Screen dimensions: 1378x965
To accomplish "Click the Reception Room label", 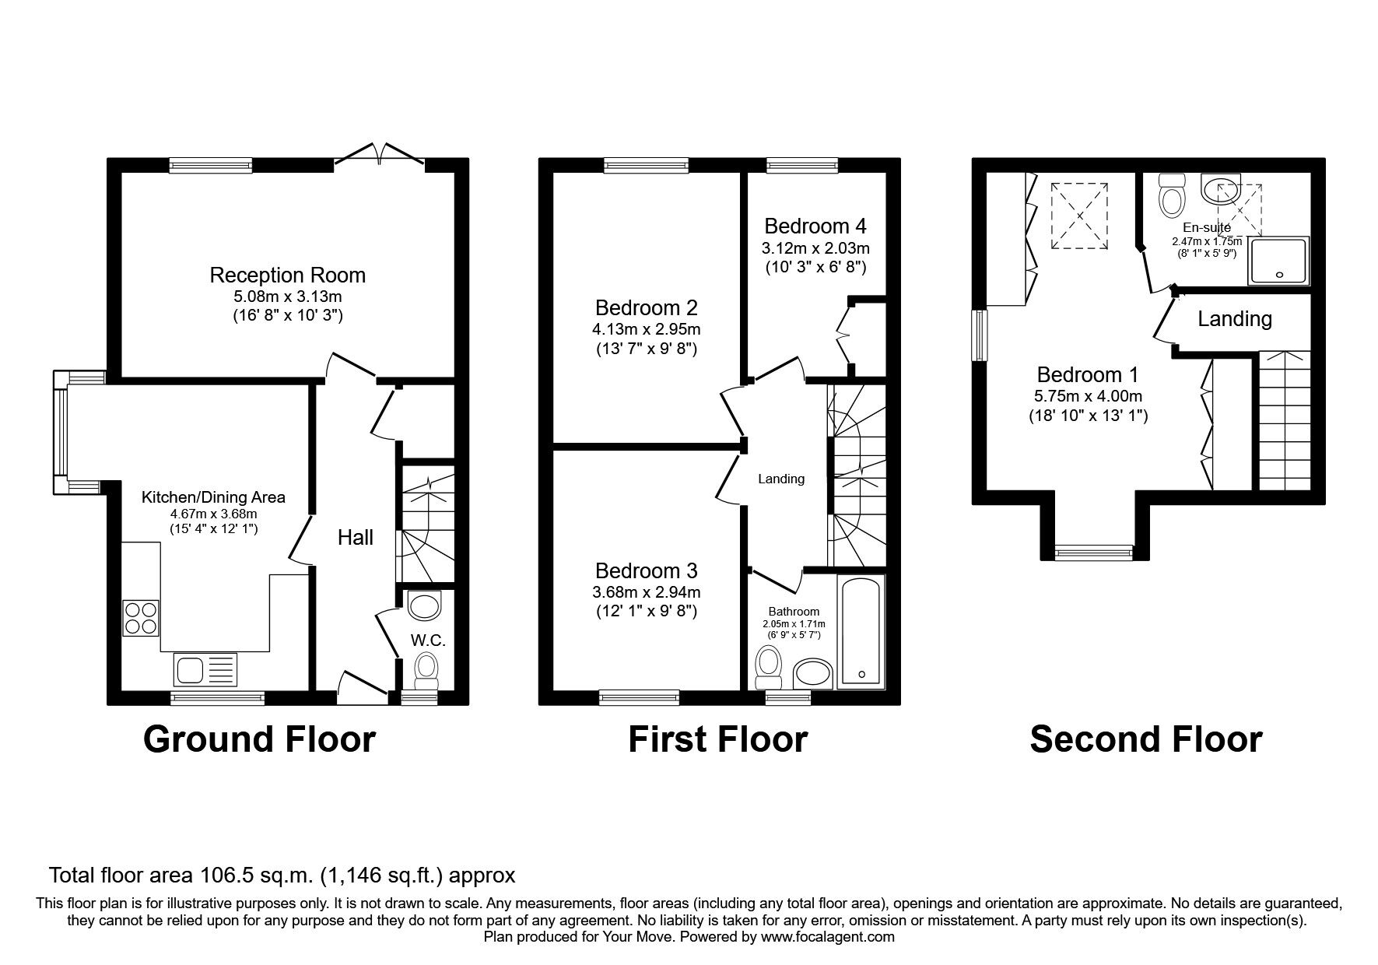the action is click(x=287, y=275).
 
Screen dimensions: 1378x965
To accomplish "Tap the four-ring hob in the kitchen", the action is click(x=141, y=619).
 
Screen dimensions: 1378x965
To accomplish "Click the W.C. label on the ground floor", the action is click(x=427, y=640).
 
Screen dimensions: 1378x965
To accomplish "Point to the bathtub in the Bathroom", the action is click(x=861, y=631).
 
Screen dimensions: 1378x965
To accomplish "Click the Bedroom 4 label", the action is click(x=815, y=226).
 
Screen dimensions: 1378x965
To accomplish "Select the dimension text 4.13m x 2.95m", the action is click(x=646, y=329).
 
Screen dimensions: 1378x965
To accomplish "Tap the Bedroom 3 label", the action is click(x=646, y=570).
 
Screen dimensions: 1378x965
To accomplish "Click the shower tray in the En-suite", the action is click(x=1278, y=260).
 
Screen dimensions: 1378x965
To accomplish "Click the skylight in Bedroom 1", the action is click(x=1079, y=216).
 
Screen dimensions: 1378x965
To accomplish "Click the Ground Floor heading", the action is click(x=259, y=739).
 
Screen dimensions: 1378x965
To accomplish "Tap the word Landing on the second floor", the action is click(x=1235, y=319).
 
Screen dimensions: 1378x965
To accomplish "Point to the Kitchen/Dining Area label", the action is click(x=213, y=497).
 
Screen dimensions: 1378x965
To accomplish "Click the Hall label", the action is click(x=355, y=537).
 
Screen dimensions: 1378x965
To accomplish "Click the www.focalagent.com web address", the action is click(x=827, y=937).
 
